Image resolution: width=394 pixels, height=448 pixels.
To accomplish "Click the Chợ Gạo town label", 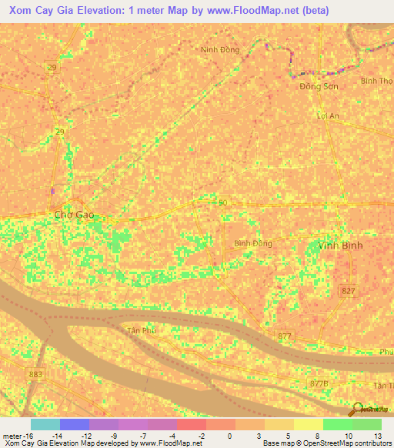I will click(75, 215).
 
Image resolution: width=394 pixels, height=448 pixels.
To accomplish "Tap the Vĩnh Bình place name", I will click(340, 246).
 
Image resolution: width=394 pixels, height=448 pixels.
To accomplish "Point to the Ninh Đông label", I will click(220, 50).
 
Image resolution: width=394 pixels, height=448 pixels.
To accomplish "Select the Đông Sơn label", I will click(319, 86).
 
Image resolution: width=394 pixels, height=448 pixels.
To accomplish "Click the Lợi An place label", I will click(329, 116).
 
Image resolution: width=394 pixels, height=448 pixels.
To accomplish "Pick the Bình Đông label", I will click(252, 243).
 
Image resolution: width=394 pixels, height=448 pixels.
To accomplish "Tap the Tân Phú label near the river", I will click(142, 329).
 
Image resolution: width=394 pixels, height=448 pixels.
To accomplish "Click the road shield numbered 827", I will click(348, 289).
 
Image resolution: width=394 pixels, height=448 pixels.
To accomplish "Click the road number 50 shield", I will click(223, 202).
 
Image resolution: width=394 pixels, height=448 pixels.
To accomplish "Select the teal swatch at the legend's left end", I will click(45, 424).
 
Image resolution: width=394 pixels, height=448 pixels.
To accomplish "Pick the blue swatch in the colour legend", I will click(75, 424).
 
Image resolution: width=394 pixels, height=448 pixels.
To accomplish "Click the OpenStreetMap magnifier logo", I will click(357, 410).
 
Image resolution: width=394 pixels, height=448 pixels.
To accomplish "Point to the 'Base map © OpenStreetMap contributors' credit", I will click(326, 443).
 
